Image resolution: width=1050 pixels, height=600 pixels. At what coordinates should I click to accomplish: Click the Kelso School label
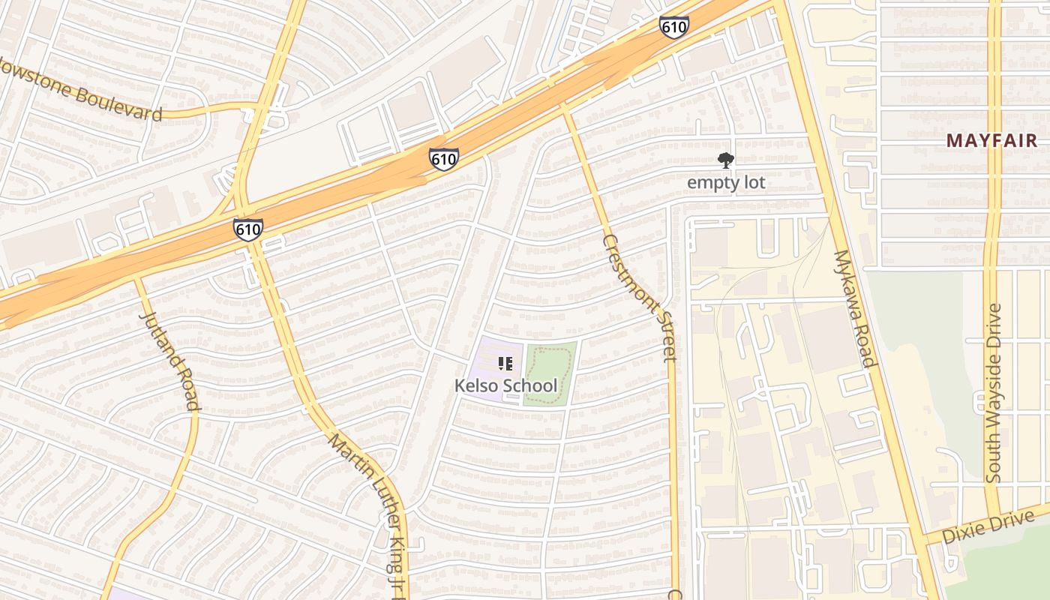click(x=506, y=385)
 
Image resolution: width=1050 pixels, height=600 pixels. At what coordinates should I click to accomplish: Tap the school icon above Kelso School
click(x=505, y=364)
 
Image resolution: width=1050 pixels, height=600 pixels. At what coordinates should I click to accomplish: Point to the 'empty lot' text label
click(x=726, y=182)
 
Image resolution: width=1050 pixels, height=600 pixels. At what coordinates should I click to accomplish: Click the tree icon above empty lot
click(x=725, y=160)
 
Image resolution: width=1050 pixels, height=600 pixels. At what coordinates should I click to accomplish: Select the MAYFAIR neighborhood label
click(x=991, y=140)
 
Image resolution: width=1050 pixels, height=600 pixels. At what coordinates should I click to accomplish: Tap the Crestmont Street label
click(x=640, y=297)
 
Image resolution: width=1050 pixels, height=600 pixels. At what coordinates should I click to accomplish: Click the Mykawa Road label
click(x=854, y=308)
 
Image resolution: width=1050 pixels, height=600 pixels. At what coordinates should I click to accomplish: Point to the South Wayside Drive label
click(x=994, y=392)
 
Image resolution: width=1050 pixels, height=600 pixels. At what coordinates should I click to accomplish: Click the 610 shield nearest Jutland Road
click(x=247, y=229)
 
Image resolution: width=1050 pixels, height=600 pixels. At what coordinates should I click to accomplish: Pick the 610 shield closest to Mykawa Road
click(x=673, y=27)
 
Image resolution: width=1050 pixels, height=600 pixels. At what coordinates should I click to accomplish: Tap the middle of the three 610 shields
click(x=443, y=159)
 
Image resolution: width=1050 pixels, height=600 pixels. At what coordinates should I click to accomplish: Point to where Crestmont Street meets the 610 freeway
click(x=563, y=105)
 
